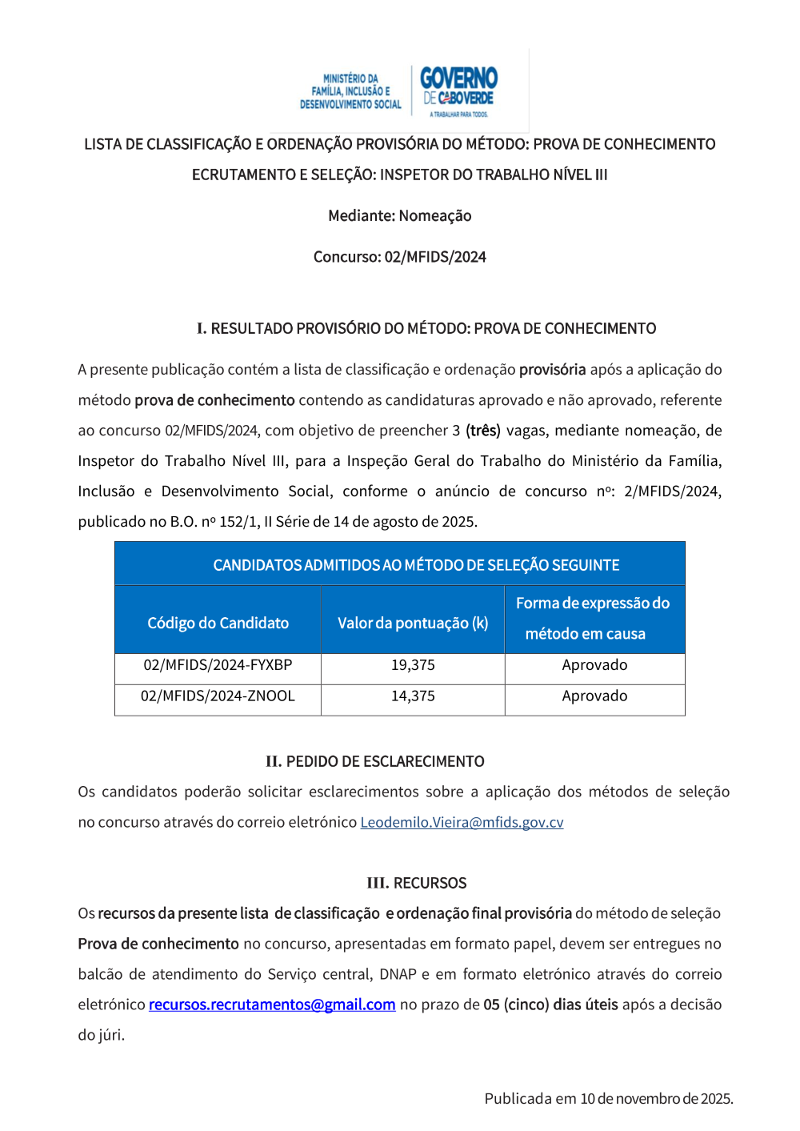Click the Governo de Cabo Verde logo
459,90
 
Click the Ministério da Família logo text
350,91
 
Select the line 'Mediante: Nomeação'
400,216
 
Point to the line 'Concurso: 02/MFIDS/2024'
400,257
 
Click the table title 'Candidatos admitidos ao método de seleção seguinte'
416,565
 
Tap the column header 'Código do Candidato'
218,623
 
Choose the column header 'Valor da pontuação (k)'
413,623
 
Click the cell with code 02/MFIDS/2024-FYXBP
218,665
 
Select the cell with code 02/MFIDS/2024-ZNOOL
218,696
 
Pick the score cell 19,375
413,665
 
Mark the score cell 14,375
413,696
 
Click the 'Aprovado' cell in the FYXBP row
594,665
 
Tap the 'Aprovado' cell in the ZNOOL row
594,696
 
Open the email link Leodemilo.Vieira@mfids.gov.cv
462,822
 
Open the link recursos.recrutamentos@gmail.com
272,1005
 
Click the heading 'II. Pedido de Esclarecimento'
375,761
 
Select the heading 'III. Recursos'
416,883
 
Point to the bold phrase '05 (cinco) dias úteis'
550,1005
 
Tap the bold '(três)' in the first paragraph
483,431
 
